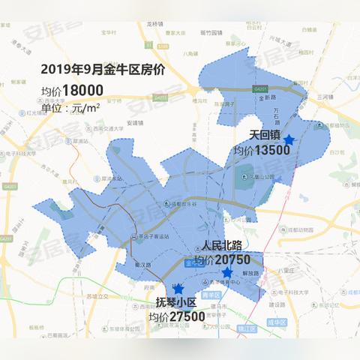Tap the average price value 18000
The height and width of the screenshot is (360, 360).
pyautogui.click(x=82, y=90)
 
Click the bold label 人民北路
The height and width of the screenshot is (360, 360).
pyautogui.click(x=225, y=246)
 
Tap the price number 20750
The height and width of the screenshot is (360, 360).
pyautogui.click(x=235, y=259)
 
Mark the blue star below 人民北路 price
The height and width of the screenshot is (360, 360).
pyautogui.click(x=227, y=271)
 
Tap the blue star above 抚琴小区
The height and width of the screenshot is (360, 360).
pyautogui.click(x=178, y=288)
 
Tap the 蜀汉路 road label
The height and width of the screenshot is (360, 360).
pyautogui.click(x=144, y=265)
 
